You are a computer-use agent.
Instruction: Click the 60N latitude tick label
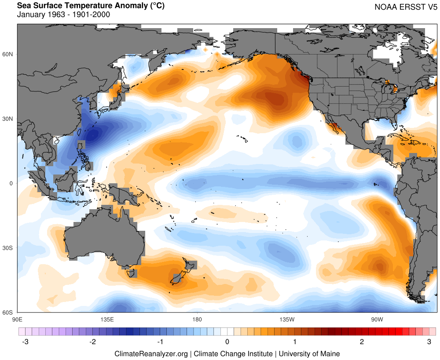(x=8, y=54)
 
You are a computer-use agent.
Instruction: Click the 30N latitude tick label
(x=8, y=119)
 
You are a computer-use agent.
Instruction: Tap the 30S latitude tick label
(x=8, y=248)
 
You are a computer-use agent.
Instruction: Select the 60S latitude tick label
(x=8, y=313)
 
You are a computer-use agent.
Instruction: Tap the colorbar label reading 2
(x=362, y=342)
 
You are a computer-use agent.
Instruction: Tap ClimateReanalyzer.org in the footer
(x=151, y=353)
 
